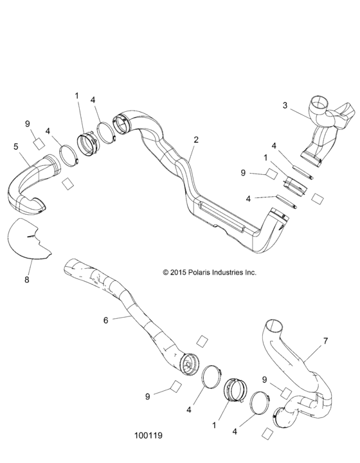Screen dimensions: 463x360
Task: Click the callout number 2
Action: (195, 140)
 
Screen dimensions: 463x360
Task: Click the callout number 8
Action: (28, 280)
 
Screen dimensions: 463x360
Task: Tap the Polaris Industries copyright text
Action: (210, 272)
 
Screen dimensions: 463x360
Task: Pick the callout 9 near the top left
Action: (28, 123)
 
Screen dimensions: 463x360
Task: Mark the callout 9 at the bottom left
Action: (147, 397)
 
